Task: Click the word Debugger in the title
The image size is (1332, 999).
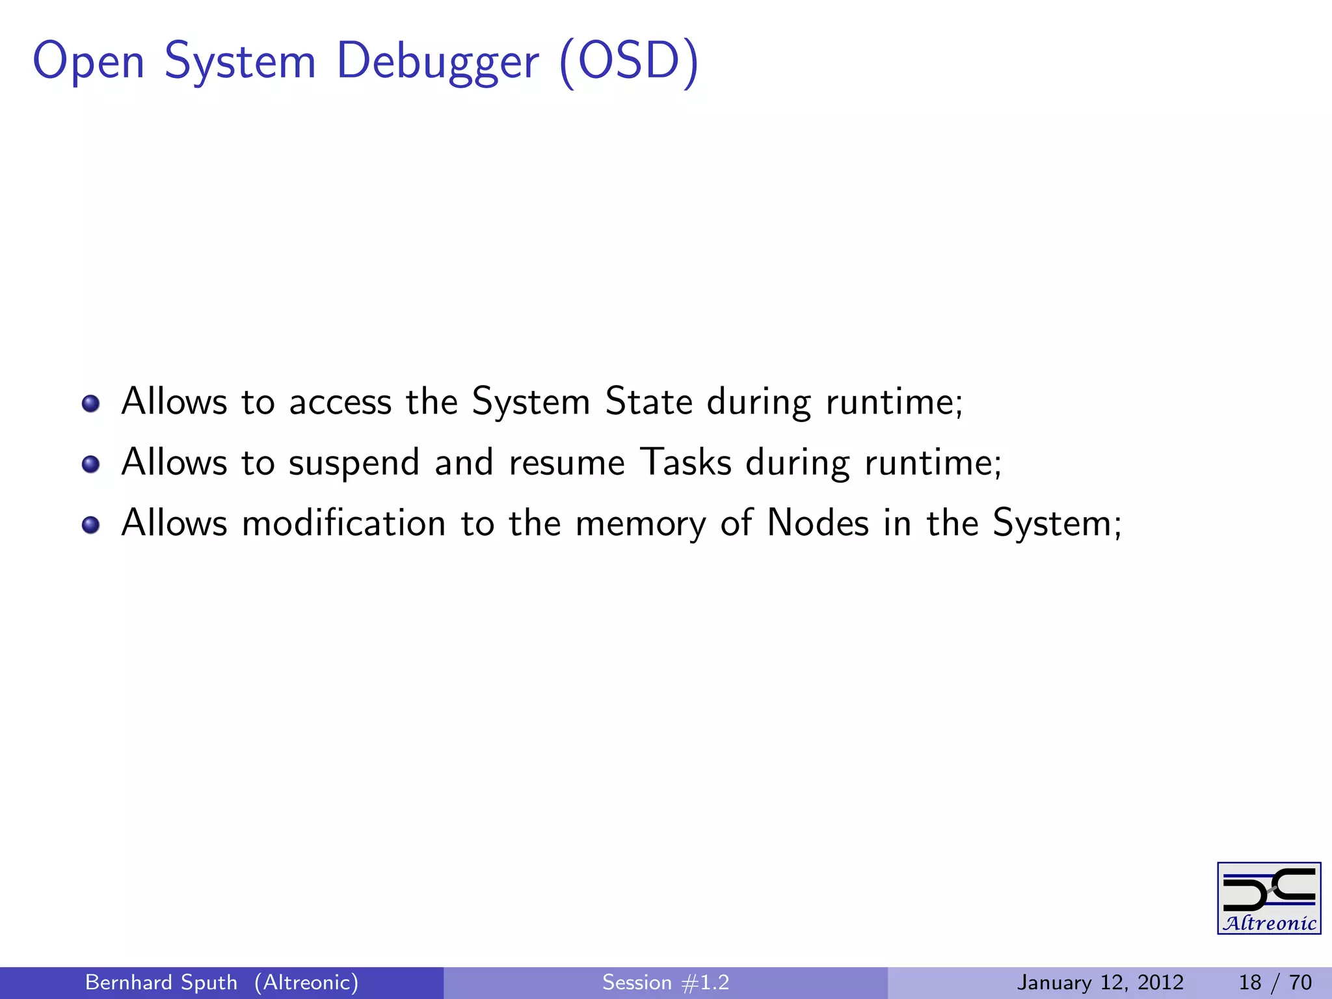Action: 437,62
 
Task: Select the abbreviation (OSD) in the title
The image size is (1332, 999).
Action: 628,62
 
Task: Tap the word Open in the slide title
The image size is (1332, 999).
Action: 88,62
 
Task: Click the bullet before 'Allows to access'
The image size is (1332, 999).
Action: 91,404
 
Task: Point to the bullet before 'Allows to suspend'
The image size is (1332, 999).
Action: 91,464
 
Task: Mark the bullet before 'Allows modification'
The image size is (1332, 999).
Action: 91,525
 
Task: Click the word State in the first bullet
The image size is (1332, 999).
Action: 648,401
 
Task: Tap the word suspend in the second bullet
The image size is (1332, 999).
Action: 354,463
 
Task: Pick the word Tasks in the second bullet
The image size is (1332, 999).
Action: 686,462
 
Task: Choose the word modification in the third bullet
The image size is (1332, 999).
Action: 343,523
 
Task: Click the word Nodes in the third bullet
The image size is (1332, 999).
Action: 818,523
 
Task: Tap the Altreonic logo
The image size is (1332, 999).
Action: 1268,898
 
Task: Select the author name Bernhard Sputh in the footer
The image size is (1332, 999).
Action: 161,982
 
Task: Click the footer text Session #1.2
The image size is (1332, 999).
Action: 665,982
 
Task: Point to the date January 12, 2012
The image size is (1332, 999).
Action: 1100,982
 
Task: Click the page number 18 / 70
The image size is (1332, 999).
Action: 1275,982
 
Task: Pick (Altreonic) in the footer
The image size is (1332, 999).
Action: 306,982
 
